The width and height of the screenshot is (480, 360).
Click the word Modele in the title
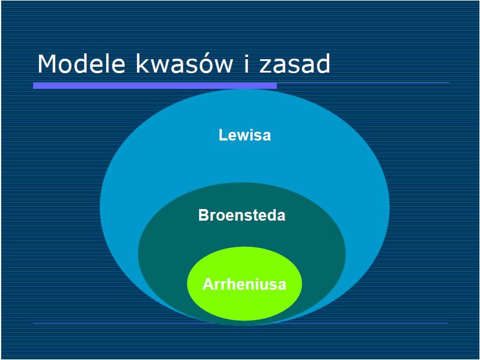(x=81, y=64)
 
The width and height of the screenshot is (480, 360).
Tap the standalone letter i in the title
(x=247, y=64)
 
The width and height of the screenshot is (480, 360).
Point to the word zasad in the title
(x=295, y=64)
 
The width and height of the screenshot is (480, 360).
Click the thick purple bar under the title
(x=155, y=85)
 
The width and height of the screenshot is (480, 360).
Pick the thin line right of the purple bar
(x=363, y=82)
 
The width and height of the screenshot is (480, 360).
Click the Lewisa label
(x=244, y=135)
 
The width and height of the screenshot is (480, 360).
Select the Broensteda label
(x=242, y=215)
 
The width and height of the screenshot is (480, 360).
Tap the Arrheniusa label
(x=244, y=284)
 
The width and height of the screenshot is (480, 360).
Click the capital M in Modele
(x=48, y=64)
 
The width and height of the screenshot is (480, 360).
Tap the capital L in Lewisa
(x=222, y=135)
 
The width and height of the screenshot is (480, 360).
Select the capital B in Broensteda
(x=203, y=215)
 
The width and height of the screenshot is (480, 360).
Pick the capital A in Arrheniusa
(x=208, y=284)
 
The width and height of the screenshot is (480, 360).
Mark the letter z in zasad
(x=265, y=66)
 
